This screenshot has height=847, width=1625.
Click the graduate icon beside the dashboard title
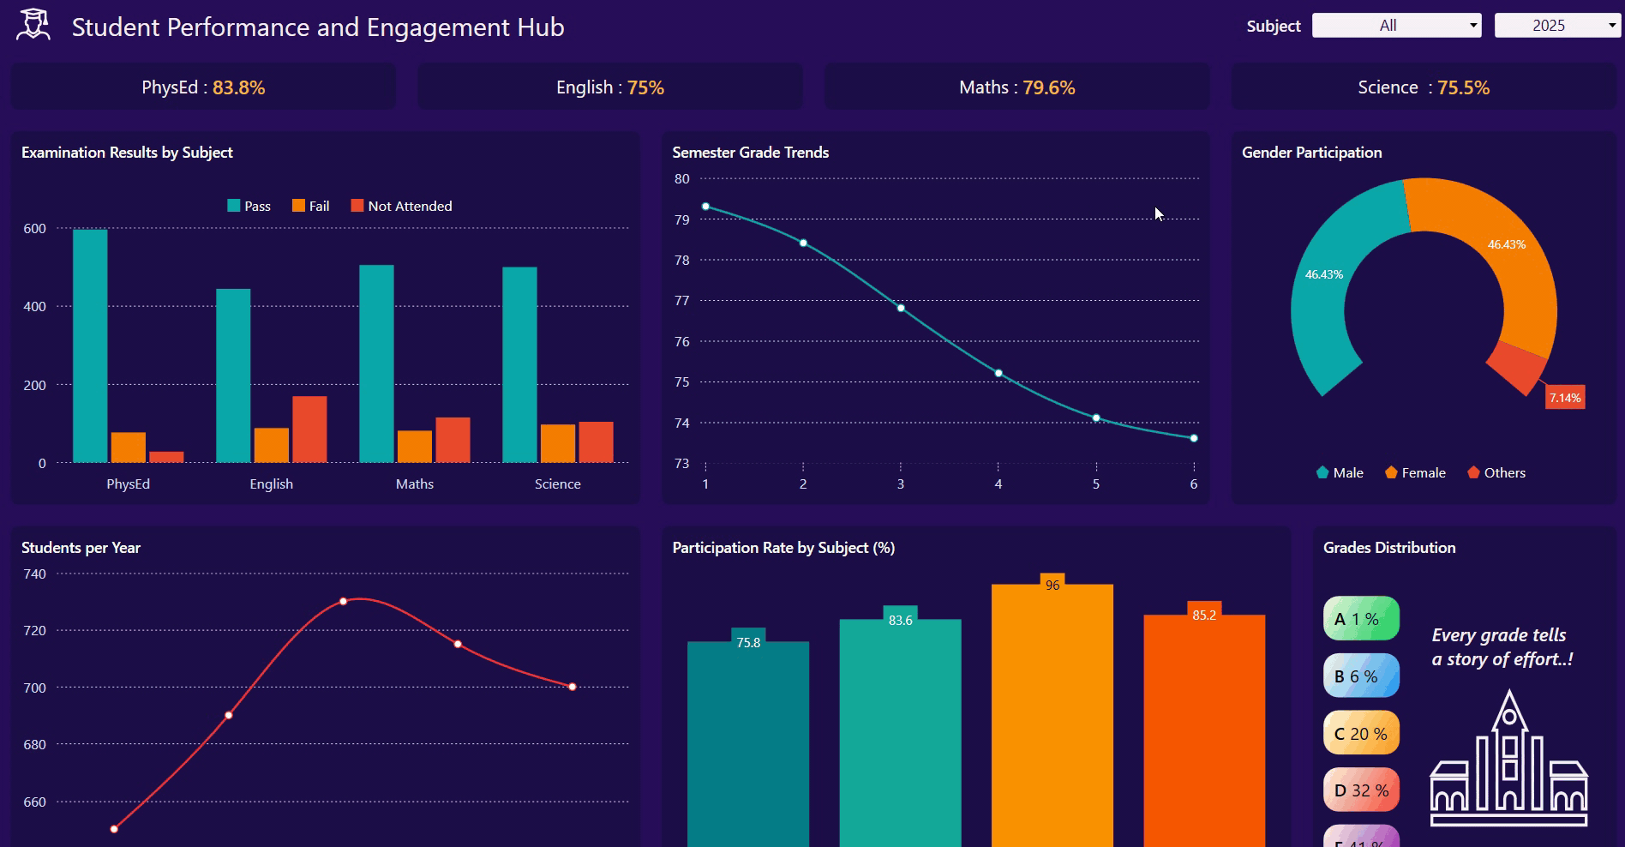click(33, 25)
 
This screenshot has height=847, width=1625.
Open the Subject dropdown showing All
click(1396, 26)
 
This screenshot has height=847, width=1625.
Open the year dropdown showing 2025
click(1556, 26)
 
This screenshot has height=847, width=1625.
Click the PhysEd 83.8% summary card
click(203, 87)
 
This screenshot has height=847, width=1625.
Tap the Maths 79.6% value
click(1048, 87)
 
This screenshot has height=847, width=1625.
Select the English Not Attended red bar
click(309, 430)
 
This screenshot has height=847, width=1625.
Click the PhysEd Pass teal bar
click(90, 346)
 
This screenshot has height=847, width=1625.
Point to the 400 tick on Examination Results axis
click(35, 307)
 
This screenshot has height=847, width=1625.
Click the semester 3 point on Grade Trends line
click(901, 308)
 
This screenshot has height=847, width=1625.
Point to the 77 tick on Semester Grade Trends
click(682, 301)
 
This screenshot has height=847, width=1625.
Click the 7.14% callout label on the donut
click(1564, 398)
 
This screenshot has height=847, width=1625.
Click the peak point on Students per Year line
click(343, 601)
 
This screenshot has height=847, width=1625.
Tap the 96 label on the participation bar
click(1052, 585)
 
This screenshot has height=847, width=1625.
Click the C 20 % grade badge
click(1361, 734)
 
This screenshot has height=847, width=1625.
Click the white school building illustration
click(1508, 762)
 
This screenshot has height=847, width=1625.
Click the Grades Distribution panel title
click(1388, 548)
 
